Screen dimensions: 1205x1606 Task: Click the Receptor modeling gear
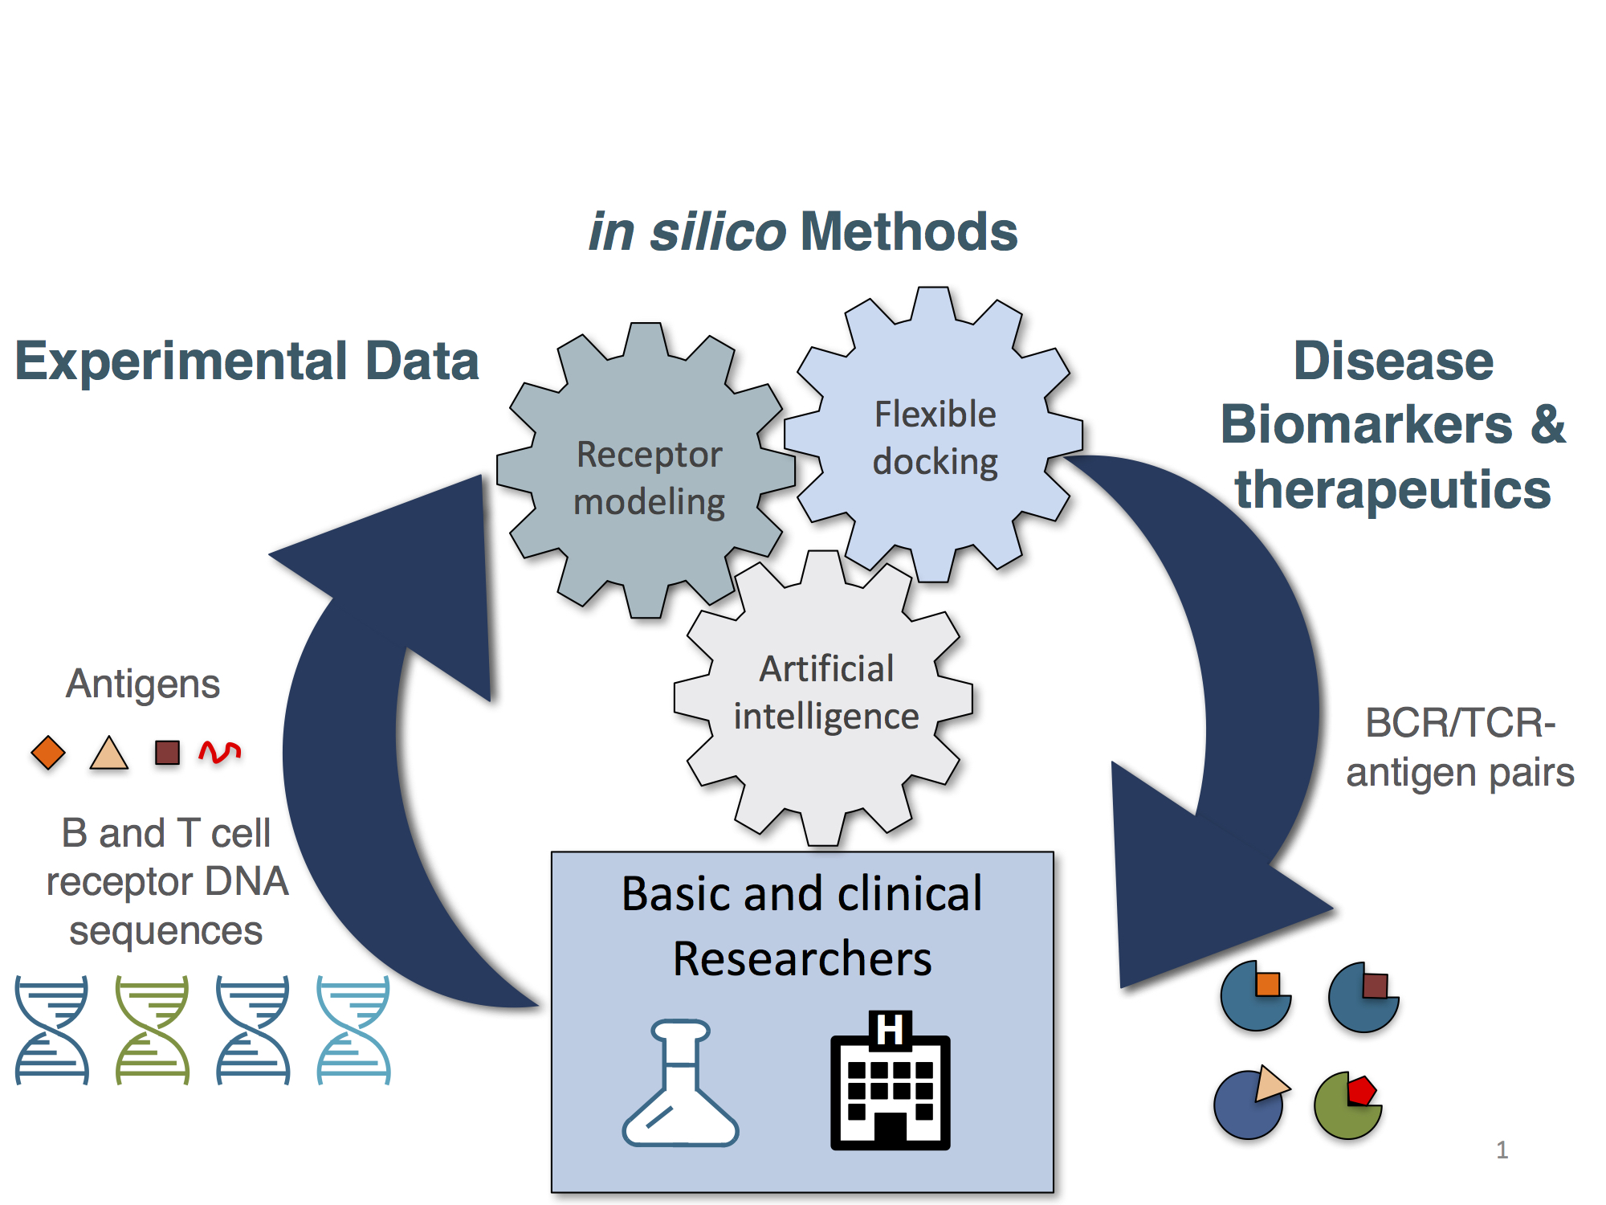(647, 474)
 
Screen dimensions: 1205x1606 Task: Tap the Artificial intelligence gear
(825, 696)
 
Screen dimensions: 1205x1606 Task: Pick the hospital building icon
(890, 1081)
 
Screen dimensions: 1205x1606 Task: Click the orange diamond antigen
(48, 753)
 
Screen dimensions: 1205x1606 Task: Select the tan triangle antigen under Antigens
(109, 754)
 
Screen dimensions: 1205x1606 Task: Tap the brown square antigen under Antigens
(167, 753)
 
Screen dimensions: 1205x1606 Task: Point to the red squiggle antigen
(219, 752)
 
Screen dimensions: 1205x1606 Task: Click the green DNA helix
(153, 1030)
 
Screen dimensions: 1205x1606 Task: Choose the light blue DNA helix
(353, 1030)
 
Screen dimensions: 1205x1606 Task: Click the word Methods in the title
(909, 232)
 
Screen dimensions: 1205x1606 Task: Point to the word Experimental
(181, 361)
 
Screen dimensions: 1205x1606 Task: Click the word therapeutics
(1392, 489)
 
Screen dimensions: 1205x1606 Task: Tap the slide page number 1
(1502, 1150)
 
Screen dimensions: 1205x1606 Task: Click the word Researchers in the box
(802, 959)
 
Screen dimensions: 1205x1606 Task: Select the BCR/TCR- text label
(1460, 723)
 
